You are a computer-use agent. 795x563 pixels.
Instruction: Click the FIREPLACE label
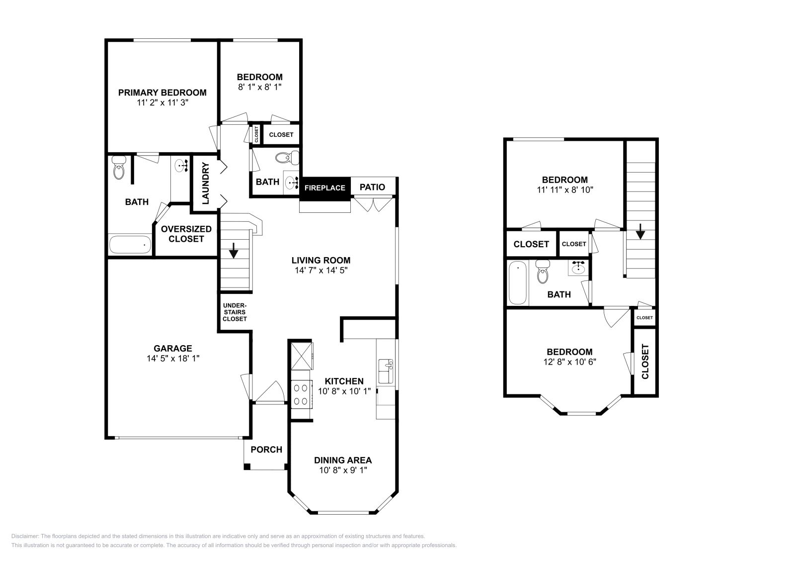tap(325, 188)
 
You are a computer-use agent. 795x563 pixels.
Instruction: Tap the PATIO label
tap(372, 187)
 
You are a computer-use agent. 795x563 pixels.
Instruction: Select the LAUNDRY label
tap(206, 184)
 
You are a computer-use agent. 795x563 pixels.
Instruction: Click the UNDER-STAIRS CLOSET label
tap(235, 312)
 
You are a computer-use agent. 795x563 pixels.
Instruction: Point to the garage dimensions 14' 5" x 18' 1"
tap(173, 359)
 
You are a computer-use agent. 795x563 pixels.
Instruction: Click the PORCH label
tap(266, 450)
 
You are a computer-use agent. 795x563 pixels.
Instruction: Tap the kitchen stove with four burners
tap(301, 394)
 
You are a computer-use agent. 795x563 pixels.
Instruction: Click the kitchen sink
tap(386, 371)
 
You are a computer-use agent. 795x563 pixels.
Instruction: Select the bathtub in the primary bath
tap(130, 244)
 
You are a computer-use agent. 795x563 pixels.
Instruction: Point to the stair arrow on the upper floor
tap(640, 231)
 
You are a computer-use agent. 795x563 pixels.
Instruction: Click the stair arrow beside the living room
tap(234, 251)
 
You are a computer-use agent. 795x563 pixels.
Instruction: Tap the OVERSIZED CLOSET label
tap(186, 234)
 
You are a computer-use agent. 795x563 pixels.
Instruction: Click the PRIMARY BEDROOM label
tap(162, 93)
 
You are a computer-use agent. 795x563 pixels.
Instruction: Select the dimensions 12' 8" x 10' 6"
tap(569, 362)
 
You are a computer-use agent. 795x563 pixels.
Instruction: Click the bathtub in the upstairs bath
tap(518, 282)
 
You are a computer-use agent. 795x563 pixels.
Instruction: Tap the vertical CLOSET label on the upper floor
tap(645, 362)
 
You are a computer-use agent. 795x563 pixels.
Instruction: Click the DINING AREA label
tap(343, 461)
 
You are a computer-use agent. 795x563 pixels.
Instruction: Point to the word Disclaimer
tap(25, 536)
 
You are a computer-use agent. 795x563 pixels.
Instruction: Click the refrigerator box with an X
tap(302, 356)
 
